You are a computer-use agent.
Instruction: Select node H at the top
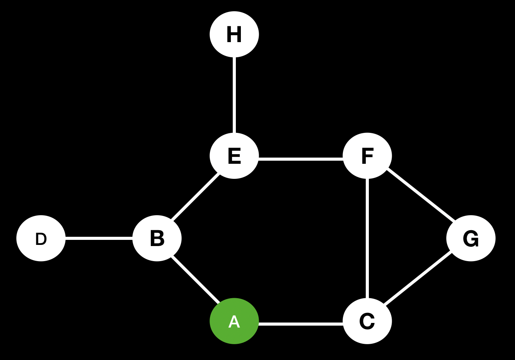coord(234,34)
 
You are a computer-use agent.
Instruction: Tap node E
coord(234,156)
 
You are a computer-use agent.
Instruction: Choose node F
coord(367,156)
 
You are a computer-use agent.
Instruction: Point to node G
coord(471,238)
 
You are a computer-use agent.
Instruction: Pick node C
coord(367,321)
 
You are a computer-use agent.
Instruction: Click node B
coord(157,238)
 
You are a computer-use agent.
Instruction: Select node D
coord(41,238)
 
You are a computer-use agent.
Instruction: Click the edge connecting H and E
coord(234,95)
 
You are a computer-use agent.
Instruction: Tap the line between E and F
coord(301,158)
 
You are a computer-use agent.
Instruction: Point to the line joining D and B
coord(99,239)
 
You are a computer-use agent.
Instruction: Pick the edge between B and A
coord(196,279)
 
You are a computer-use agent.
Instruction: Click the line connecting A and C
coord(301,324)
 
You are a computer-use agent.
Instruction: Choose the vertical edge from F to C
coord(367,238)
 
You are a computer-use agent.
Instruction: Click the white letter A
coord(234,322)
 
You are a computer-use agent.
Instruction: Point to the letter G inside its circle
coord(471,239)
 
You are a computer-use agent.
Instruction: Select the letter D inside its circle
coord(41,239)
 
